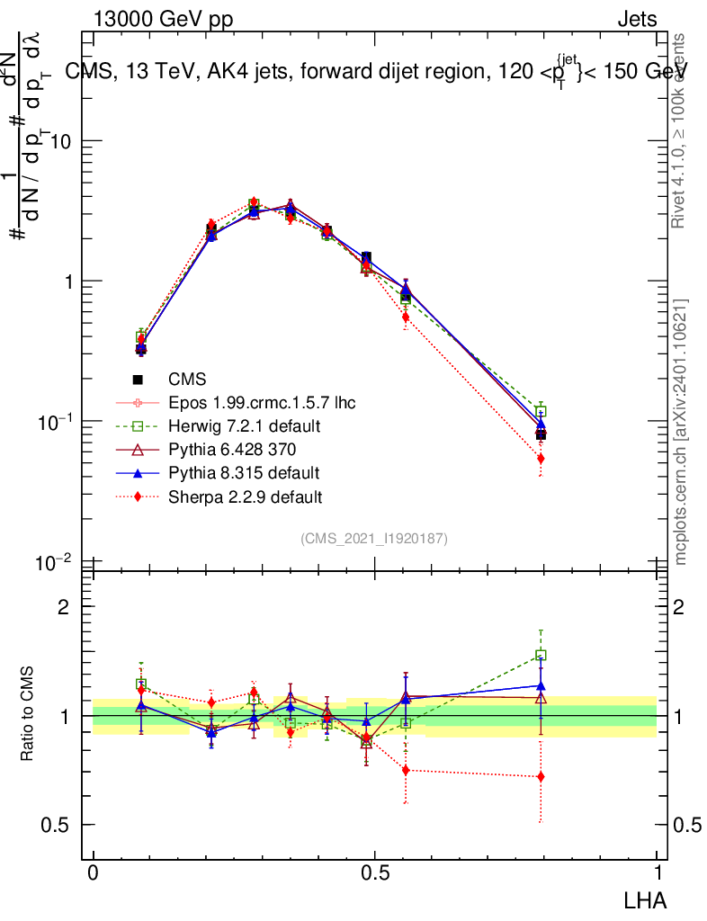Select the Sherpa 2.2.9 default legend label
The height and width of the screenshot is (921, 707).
click(246, 496)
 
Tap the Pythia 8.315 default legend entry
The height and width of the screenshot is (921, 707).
click(245, 473)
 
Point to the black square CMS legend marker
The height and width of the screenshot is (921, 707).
click(139, 379)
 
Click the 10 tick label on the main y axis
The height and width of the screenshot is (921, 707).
click(61, 142)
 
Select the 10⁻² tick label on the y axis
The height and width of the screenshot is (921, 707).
click(56, 562)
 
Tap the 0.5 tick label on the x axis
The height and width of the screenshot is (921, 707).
click(374, 875)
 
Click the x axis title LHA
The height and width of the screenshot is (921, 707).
click(646, 899)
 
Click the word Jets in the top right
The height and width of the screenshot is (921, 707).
click(637, 20)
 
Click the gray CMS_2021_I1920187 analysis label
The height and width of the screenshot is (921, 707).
click(374, 538)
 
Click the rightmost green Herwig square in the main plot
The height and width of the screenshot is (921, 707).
click(541, 412)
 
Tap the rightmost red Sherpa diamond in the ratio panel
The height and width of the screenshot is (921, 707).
click(541, 776)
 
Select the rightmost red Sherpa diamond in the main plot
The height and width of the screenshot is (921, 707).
click(541, 459)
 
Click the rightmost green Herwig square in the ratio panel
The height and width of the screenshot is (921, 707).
click(541, 656)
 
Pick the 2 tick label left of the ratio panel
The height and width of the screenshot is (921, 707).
click(64, 606)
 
